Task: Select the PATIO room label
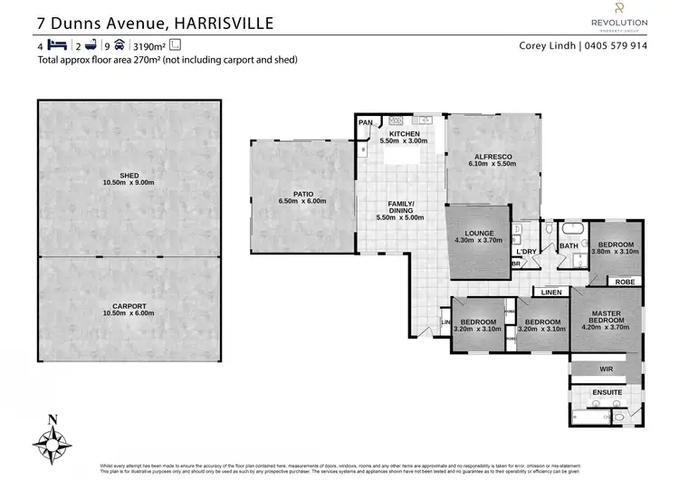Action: [x=302, y=196]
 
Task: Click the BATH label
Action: [x=569, y=245]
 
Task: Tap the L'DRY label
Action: [x=526, y=251]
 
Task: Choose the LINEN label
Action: [x=551, y=292]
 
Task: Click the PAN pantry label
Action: [x=366, y=122]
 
